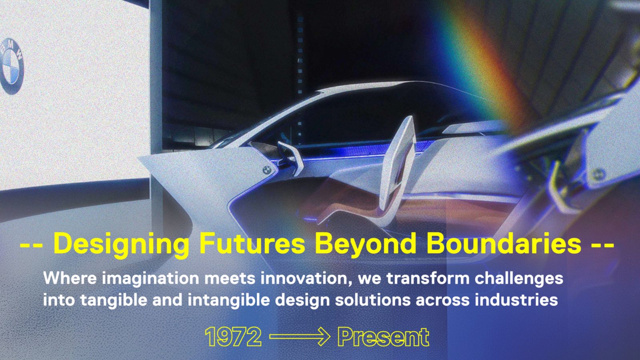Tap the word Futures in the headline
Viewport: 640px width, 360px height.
click(252, 243)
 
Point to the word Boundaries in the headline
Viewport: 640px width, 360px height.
click(504, 243)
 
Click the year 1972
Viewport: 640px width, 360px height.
click(233, 337)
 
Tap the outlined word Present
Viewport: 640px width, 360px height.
click(383, 337)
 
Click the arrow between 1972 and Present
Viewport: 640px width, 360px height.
click(300, 337)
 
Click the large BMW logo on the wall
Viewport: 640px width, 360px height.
click(12, 66)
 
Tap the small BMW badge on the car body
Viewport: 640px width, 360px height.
click(266, 170)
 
